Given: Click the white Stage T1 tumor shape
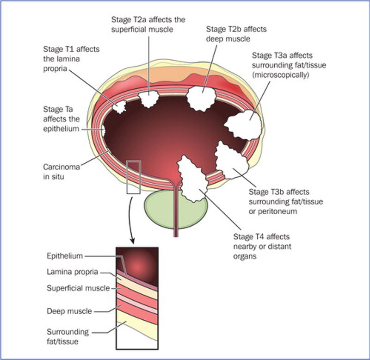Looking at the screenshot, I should tap(120, 106).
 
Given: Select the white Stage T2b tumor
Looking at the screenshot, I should tap(202, 96).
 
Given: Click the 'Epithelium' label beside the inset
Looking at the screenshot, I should tap(65, 255).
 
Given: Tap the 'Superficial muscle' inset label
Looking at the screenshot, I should tap(78, 288).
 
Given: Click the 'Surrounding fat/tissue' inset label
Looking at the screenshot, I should tap(68, 336).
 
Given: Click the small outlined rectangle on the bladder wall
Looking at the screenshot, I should tap(132, 177).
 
